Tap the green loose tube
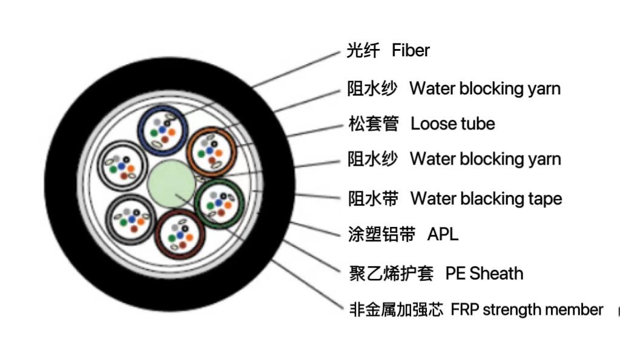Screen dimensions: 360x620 click(219, 202)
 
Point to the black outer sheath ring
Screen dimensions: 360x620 click(67, 182)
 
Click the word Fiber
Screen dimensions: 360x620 click(411, 50)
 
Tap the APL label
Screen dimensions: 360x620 click(443, 234)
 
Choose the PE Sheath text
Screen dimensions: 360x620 click(484, 273)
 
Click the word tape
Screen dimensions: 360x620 click(542, 198)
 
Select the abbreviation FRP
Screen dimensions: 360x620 click(464, 310)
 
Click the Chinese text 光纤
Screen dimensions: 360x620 click(363, 50)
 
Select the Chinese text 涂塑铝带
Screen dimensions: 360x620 click(381, 234)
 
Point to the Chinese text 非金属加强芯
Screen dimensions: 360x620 click(397, 310)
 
